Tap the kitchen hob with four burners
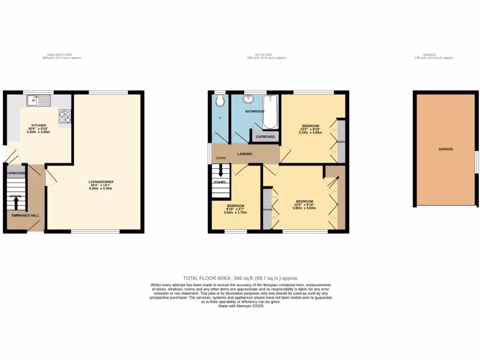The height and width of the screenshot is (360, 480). point(65,116)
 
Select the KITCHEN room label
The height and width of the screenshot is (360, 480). point(39,125)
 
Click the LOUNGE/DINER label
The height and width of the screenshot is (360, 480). point(102,182)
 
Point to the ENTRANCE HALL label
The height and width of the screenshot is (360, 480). point(26,216)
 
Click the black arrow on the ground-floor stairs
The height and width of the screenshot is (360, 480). point(16,203)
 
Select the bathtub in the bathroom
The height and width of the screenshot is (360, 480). point(270,112)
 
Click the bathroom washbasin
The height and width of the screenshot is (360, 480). point(248,99)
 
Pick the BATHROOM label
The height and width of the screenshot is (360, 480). point(255,112)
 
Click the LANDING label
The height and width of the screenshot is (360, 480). point(245,154)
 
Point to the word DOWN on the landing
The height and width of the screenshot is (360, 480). point(221,158)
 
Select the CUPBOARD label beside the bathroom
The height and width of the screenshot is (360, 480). point(265,137)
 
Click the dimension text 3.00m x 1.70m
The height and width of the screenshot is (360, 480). point(235,212)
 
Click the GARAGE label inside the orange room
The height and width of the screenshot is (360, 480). point(445,149)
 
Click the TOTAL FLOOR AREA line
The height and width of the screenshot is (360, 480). point(240,278)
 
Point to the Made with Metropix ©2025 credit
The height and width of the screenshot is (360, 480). point(240,306)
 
